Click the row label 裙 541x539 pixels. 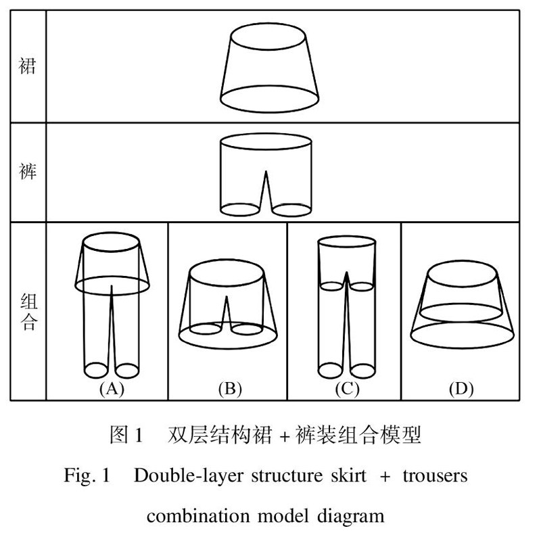click(x=27, y=67)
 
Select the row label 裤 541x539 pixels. click(x=27, y=171)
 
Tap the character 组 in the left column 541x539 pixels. click(x=27, y=300)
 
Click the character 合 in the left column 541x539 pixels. click(x=27, y=322)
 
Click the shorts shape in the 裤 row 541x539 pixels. click(x=267, y=173)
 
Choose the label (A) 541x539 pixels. click(x=111, y=389)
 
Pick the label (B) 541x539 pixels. click(x=230, y=389)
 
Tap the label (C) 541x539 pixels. click(x=346, y=389)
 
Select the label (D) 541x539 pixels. click(x=461, y=389)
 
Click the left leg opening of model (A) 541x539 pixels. click(x=95, y=370)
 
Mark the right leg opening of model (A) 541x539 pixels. click(x=127, y=370)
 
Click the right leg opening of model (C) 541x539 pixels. click(x=363, y=371)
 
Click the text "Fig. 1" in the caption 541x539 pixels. click(x=87, y=476)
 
